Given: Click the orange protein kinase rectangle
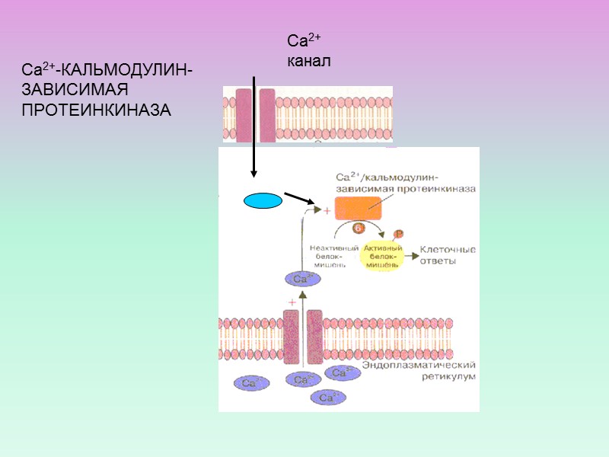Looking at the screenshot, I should pos(358,208).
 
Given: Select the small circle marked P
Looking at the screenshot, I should pos(397,234).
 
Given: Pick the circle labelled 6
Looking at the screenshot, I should pos(358,227).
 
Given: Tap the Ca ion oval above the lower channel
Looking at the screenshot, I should pos(302,279).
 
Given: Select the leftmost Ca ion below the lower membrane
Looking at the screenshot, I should pos(251,382).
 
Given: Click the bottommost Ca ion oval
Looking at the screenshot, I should pos(327,397).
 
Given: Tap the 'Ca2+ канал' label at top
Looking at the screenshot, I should pos(308,50).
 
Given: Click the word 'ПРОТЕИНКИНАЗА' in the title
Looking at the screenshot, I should pos(96,110).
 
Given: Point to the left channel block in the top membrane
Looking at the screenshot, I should pos(244,115).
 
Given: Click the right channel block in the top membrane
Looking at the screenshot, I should pos(266,115).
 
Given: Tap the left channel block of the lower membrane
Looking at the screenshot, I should pos(291,335).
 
